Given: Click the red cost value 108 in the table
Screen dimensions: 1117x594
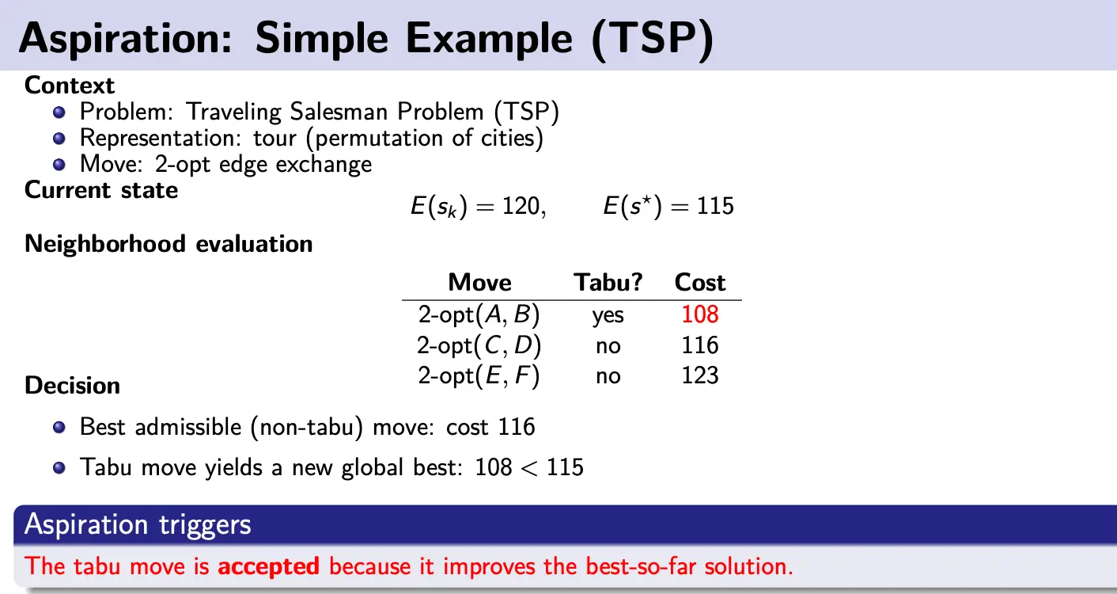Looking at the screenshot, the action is pyautogui.click(x=699, y=314).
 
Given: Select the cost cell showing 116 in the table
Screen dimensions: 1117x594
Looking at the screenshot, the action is pyautogui.click(x=699, y=345).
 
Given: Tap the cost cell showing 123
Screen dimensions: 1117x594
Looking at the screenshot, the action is pyautogui.click(x=699, y=375).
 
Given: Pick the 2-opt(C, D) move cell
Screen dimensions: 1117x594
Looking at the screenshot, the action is pyautogui.click(x=479, y=345).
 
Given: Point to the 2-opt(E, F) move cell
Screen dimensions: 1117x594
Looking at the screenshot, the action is pyautogui.click(x=479, y=375).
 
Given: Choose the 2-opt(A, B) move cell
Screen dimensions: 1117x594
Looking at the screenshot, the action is pyautogui.click(x=479, y=314).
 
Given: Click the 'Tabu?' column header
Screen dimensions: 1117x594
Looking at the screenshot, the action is pyautogui.click(x=608, y=283).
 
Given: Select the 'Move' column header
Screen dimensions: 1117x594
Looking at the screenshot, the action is pyautogui.click(x=479, y=283).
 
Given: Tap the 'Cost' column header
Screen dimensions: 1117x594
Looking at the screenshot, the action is pyautogui.click(x=699, y=283).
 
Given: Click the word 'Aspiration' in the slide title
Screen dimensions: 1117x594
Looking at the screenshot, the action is pyautogui.click(x=126, y=39).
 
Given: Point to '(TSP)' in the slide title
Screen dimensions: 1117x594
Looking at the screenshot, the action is pyautogui.click(x=653, y=39).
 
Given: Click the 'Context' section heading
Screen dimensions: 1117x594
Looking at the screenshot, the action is pyautogui.click(x=70, y=86).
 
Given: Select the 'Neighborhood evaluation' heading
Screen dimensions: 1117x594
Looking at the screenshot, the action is pyautogui.click(x=168, y=244).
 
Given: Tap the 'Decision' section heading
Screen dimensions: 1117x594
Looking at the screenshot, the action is pyautogui.click(x=72, y=386).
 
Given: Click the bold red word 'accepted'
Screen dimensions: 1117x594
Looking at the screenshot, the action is pyautogui.click(x=268, y=566).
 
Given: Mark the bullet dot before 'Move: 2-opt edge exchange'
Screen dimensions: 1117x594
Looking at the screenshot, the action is pyautogui.click(x=59, y=164).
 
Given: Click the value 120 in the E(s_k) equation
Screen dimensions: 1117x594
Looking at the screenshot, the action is pyautogui.click(x=521, y=206).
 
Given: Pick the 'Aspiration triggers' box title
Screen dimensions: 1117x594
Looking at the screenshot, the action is pyautogui.click(x=138, y=524).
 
